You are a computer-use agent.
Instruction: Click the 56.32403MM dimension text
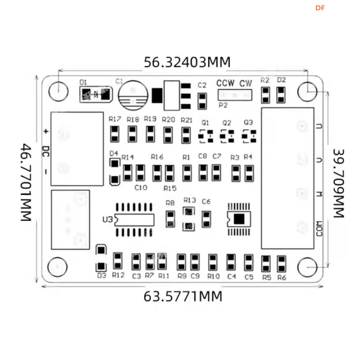pyautogui.click(x=187, y=62)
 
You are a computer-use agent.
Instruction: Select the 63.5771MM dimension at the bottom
pyautogui.click(x=183, y=296)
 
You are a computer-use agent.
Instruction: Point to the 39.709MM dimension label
pyautogui.click(x=338, y=183)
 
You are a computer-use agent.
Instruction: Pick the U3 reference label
pyautogui.click(x=107, y=219)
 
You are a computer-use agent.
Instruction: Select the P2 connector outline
pyautogui.click(x=234, y=95)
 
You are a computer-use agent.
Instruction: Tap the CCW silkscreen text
pyautogui.click(x=226, y=83)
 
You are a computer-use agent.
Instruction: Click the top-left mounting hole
pyautogui.click(x=58, y=91)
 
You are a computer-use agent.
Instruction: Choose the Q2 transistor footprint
pyautogui.click(x=227, y=136)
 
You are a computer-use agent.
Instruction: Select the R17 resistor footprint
pyautogui.click(x=115, y=134)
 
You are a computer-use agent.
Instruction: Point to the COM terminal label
pyautogui.click(x=319, y=228)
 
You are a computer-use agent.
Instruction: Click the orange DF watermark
pyautogui.click(x=320, y=8)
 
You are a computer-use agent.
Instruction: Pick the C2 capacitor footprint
pyautogui.click(x=202, y=101)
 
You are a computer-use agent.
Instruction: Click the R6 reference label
pyautogui.click(x=282, y=277)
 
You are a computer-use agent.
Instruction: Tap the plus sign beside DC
pyautogui.click(x=46, y=132)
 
